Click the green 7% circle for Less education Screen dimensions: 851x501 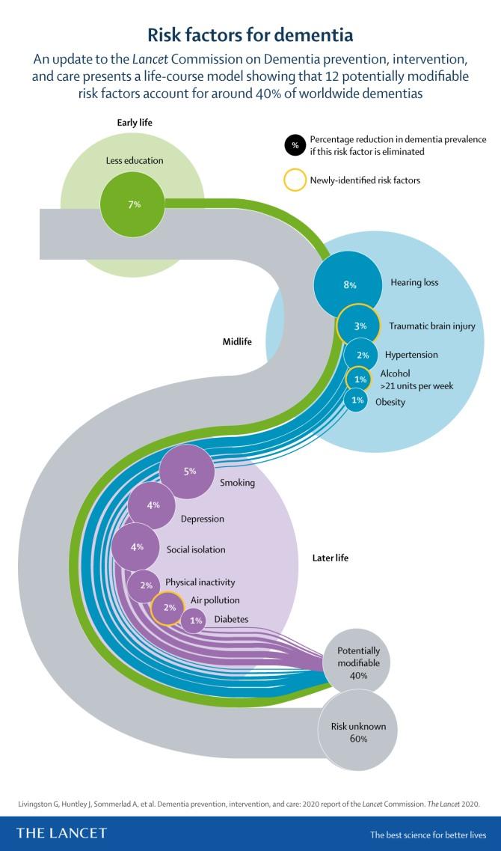pos(135,204)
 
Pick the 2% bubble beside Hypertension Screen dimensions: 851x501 pos(362,355)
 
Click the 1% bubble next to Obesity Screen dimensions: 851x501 pos(357,401)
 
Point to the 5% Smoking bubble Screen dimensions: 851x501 pos(189,472)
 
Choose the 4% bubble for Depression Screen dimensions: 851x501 pos(153,506)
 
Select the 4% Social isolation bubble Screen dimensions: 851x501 pos(137,547)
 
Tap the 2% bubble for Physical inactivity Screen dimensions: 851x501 pos(145,585)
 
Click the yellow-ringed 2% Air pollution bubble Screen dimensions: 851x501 pos(169,607)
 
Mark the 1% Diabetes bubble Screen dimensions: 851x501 pos(196,620)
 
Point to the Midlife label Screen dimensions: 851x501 pos(237,341)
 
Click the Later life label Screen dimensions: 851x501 pos(330,558)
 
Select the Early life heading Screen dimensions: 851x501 pos(135,123)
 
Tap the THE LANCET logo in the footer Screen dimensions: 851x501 pos(62,832)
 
